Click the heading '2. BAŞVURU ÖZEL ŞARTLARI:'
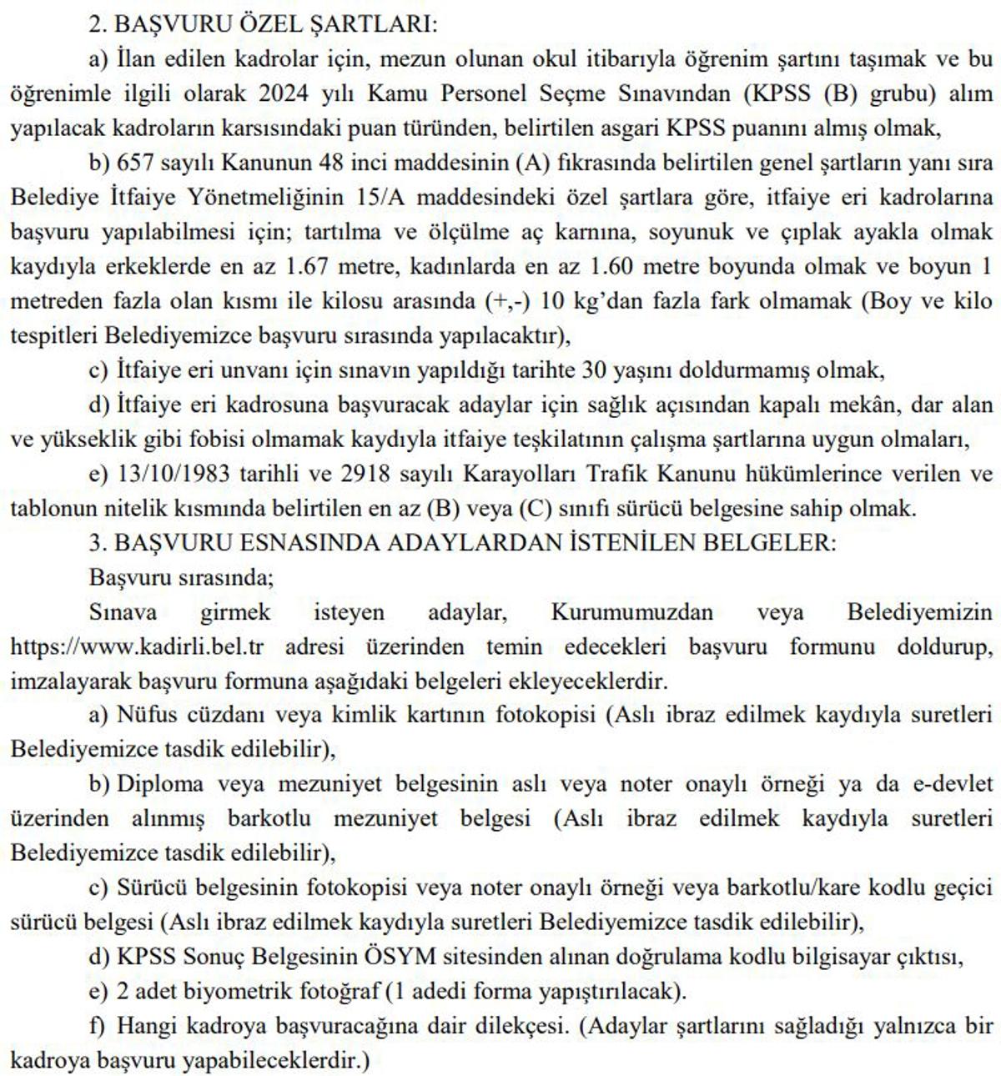(x=263, y=24)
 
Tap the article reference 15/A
(x=379, y=198)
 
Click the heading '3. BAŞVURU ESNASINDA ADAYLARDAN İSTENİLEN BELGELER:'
(x=461, y=543)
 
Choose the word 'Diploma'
(x=159, y=784)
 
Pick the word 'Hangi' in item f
(x=139, y=1026)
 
